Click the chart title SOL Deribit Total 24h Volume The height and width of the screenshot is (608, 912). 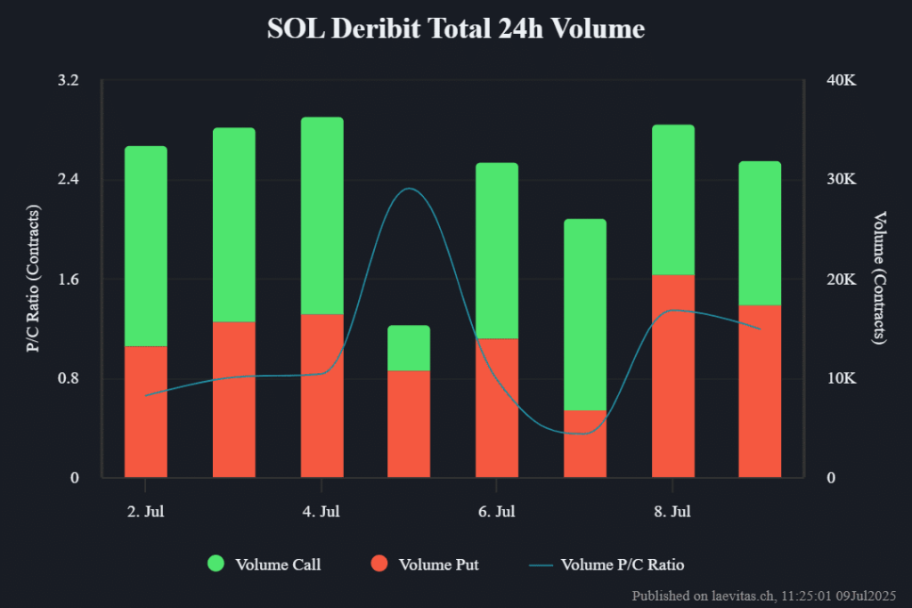coord(455,28)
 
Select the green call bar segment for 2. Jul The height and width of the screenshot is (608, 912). coord(145,246)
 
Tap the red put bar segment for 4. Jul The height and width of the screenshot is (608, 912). coord(322,395)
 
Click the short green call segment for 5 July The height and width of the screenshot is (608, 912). coord(409,348)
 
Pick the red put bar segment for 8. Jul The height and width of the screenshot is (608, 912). coord(672,376)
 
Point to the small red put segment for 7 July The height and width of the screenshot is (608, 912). coord(584,443)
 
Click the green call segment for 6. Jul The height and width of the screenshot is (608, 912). coord(496,250)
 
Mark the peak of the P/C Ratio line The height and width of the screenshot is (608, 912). coord(409,189)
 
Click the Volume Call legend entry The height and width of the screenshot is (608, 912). coord(264,563)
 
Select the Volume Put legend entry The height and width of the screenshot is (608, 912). coord(425,563)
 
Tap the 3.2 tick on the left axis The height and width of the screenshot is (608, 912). coord(69,80)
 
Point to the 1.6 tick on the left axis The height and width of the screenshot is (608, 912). coord(69,280)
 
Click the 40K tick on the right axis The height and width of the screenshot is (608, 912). coord(842,80)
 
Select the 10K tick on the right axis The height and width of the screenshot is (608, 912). coord(842,378)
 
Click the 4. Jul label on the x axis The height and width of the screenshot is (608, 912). coord(322,512)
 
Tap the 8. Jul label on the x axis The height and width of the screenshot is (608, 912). coord(672,512)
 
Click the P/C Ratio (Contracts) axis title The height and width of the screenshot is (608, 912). coord(34,279)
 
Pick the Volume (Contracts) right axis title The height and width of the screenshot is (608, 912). coord(880,279)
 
